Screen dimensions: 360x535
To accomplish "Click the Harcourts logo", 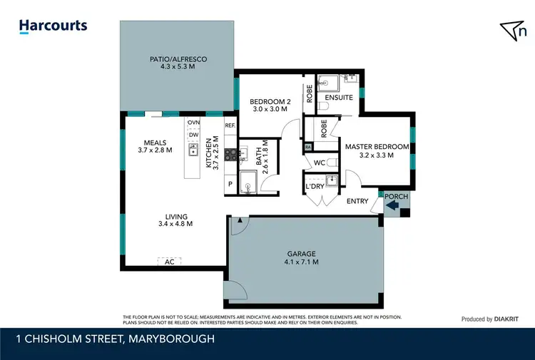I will [x=53, y=26].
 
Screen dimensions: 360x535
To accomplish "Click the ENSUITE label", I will [x=338, y=97].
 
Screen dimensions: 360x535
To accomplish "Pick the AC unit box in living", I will [x=169, y=262].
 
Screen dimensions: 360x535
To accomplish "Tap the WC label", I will [x=320, y=163].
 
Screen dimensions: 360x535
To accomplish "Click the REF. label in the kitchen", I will [x=230, y=125].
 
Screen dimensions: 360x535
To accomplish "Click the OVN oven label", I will [x=193, y=123].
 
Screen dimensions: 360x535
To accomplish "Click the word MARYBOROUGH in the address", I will [x=168, y=339].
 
